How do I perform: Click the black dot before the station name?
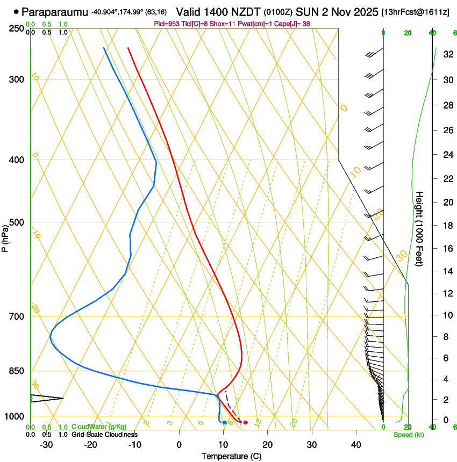(x=16, y=11)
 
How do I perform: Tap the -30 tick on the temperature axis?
(x=46, y=444)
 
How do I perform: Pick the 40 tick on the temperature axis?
(x=356, y=444)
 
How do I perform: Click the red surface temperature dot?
(x=245, y=422)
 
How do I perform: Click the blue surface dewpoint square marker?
(x=224, y=422)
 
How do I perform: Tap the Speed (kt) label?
(x=408, y=435)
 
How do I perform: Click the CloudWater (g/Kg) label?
(x=99, y=427)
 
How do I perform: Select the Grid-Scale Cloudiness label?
(x=104, y=434)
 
